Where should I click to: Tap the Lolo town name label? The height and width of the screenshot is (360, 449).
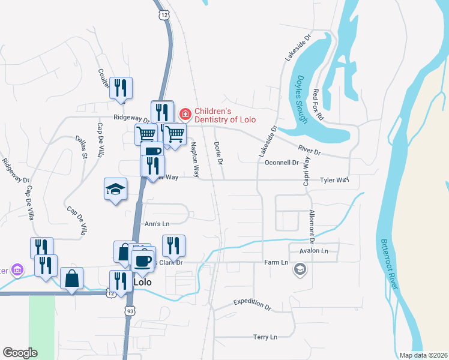click(142, 281)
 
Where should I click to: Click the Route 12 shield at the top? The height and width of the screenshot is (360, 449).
click(164, 14)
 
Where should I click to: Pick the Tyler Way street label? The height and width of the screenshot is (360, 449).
click(334, 180)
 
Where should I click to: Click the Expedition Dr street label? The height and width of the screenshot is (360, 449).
click(252, 304)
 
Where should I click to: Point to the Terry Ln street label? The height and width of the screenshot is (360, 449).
click(265, 337)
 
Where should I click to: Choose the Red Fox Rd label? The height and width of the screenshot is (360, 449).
click(318, 106)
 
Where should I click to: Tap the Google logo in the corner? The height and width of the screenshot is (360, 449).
click(20, 352)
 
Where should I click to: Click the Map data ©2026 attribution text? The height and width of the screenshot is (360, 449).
click(423, 355)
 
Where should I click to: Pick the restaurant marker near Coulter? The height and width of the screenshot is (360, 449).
click(121, 88)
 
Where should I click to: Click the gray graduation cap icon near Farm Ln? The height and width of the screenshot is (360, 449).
click(299, 270)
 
